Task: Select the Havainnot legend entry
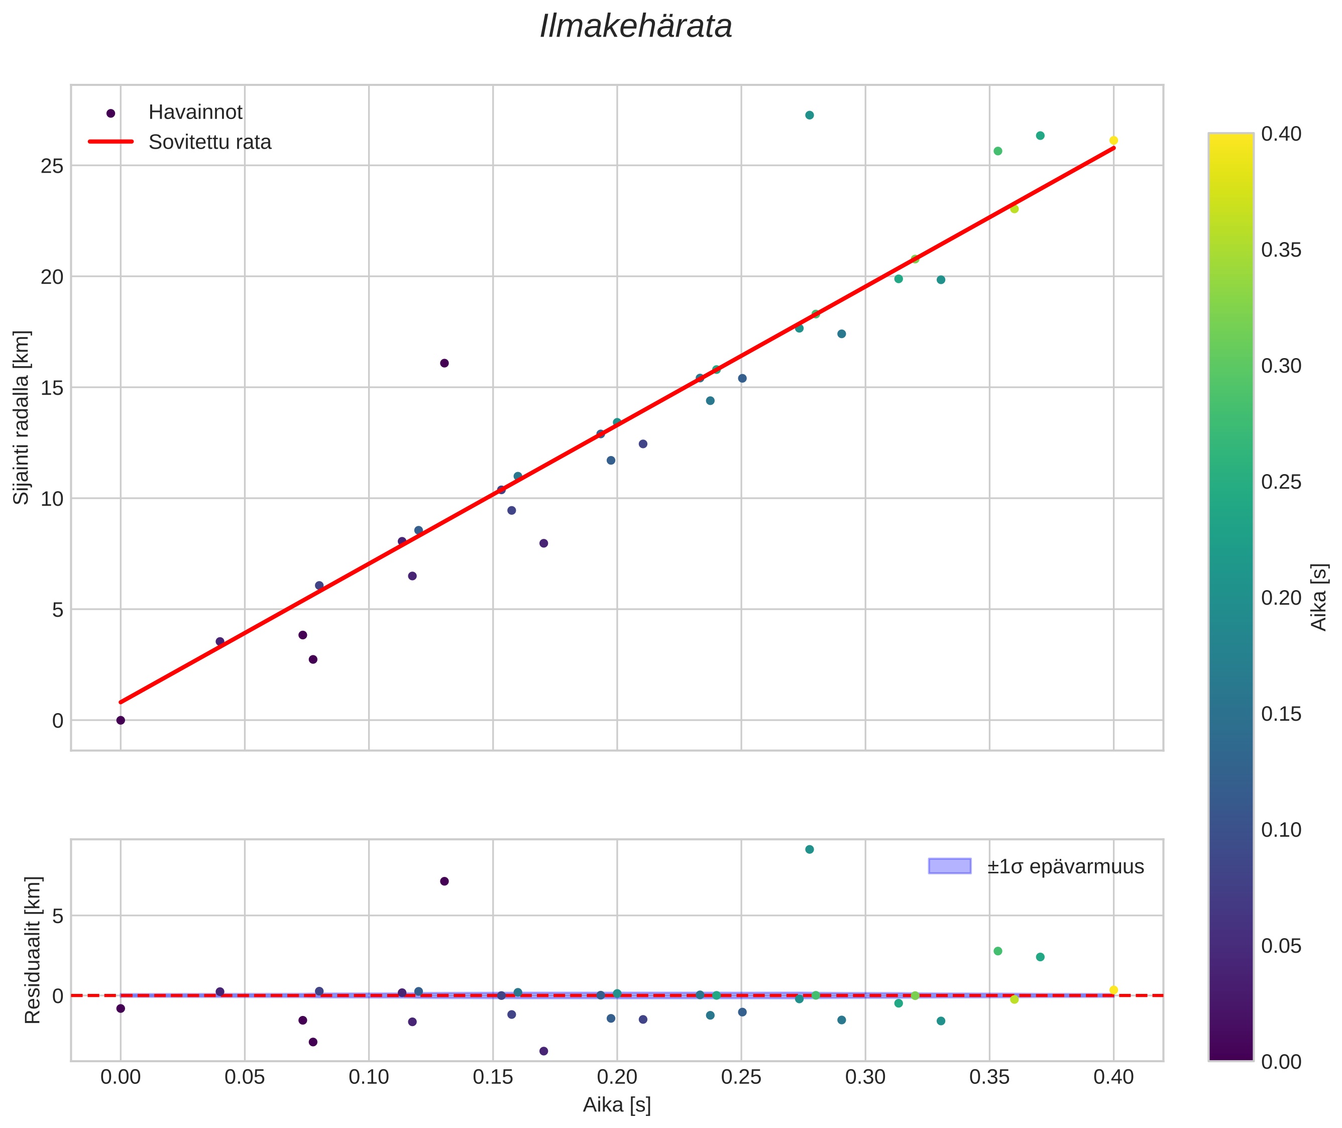coord(195,112)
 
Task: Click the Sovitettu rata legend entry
coord(210,142)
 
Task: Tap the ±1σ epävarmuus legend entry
coord(1065,866)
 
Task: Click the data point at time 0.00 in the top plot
coord(120,720)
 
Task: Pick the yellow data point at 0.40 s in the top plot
coord(1113,141)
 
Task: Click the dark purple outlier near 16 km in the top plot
coord(444,363)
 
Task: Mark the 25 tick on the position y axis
coord(52,166)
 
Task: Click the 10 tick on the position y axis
coord(52,499)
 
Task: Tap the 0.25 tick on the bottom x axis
coord(741,1077)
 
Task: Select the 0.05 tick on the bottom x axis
coord(244,1077)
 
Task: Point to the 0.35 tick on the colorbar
coord(1281,250)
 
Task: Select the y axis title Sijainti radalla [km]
coord(21,417)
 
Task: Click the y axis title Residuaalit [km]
coord(33,950)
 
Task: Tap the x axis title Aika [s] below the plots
coord(616,1105)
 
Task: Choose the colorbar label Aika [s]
coord(1318,597)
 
